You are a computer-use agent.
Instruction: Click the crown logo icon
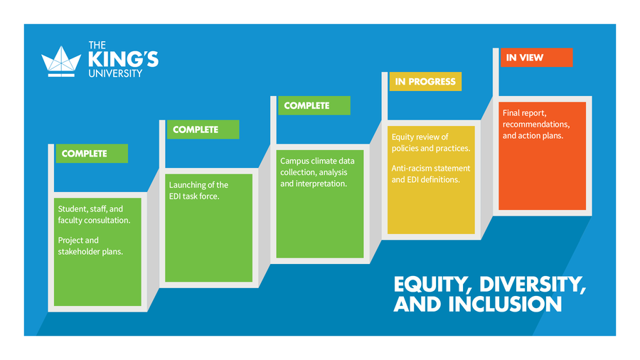coord(61,61)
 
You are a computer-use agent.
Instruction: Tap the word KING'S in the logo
coord(123,60)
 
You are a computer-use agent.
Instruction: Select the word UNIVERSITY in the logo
coord(115,73)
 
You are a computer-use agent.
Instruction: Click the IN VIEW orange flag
coord(536,58)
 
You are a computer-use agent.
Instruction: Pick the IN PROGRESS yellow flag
coord(425,82)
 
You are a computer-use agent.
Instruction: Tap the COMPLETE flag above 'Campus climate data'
coord(314,106)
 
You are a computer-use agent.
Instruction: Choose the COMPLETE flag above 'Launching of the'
coord(203,129)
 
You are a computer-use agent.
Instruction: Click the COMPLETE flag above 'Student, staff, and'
coord(92,154)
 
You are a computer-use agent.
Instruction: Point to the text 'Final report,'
coord(525,113)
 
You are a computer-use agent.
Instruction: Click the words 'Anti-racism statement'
coord(431,168)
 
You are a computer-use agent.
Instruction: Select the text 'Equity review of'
coord(420,137)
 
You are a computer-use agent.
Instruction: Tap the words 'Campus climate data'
coord(317,161)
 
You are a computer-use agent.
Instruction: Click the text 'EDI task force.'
coord(194,196)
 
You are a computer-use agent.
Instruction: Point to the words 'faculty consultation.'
coord(94,221)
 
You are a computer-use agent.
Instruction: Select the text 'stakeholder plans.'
coord(90,252)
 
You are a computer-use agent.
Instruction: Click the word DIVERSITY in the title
coord(533,285)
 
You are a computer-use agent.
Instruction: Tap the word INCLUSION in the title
coord(506,305)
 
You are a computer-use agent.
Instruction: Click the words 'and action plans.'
coord(533,136)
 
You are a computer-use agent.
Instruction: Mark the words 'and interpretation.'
coord(314,184)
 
